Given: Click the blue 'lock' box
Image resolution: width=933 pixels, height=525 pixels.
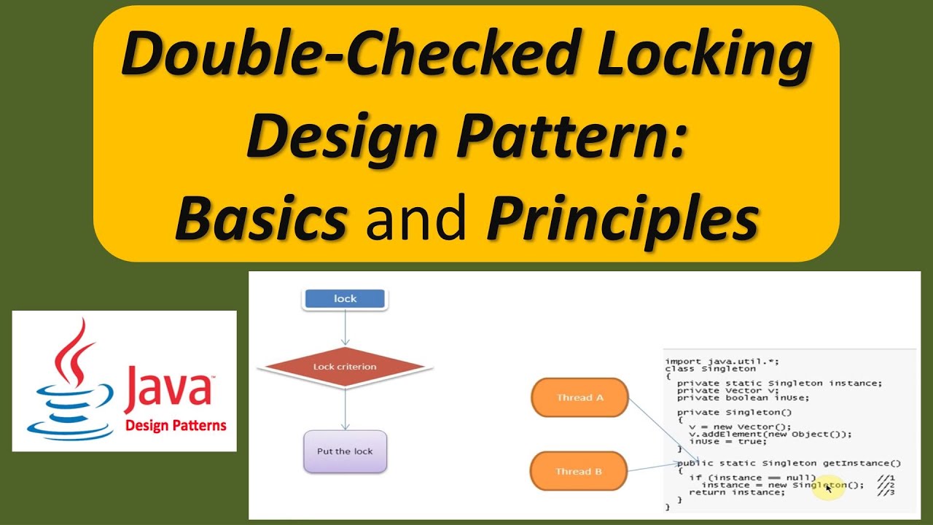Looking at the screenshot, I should point(345,299).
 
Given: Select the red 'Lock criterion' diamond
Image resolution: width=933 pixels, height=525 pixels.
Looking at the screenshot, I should point(345,367).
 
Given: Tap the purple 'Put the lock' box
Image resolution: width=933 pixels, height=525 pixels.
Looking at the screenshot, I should point(345,451).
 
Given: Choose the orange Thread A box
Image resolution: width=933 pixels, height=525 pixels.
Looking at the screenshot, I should point(579,397).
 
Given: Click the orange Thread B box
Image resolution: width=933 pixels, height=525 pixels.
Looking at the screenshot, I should point(579,471).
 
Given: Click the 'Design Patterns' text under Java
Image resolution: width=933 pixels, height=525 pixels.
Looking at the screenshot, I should point(176,426).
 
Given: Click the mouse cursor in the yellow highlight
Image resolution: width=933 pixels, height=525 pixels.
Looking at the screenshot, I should point(829,488).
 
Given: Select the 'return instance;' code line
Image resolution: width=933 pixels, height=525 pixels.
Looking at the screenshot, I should point(737,492).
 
